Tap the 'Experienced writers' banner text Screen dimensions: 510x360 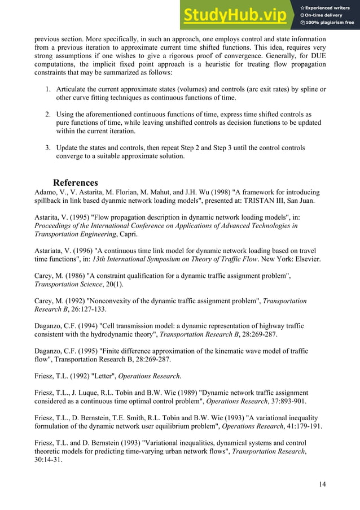[329, 7]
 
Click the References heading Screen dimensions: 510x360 [75, 182]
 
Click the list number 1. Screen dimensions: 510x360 [48, 89]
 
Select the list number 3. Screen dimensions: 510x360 [48, 148]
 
